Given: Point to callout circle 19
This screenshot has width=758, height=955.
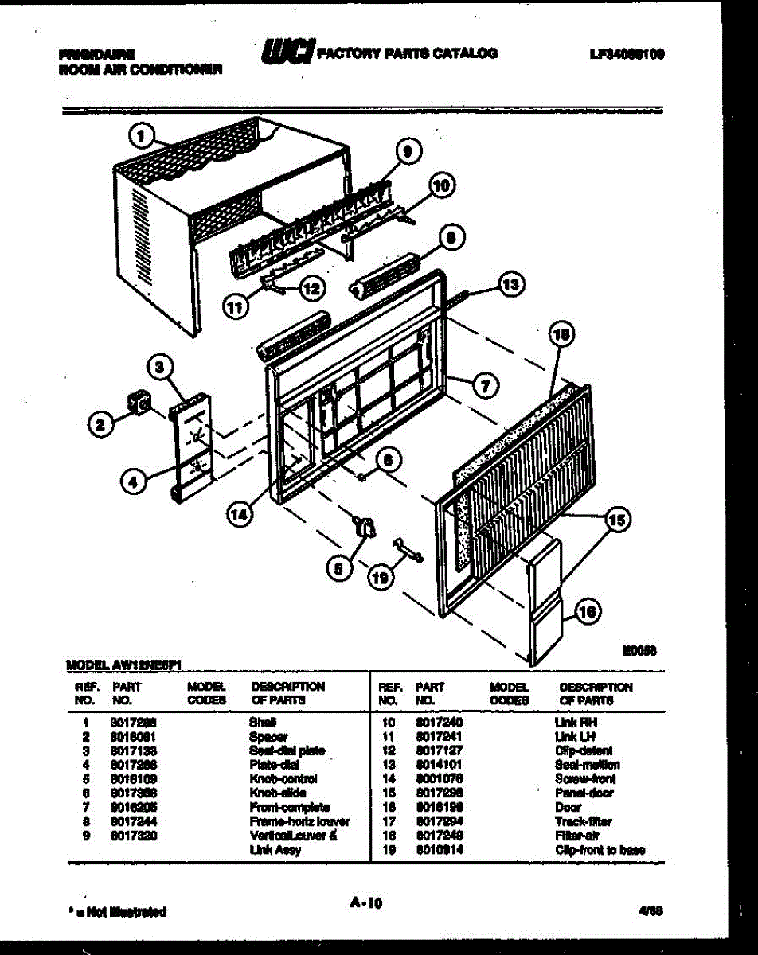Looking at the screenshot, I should (381, 579).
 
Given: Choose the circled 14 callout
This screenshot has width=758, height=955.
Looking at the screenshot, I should (238, 514).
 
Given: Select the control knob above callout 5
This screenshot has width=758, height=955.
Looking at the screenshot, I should (365, 526).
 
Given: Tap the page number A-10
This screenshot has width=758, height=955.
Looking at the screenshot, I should (366, 902).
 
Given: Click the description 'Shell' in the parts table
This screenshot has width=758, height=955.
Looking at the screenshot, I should (263, 722).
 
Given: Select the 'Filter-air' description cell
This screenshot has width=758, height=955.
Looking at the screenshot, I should (573, 836).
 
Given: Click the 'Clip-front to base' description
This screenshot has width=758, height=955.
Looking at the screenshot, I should (600, 850).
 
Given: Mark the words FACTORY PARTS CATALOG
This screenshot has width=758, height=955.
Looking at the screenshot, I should (408, 53).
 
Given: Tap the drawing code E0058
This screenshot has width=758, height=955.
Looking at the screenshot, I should (638, 650).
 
